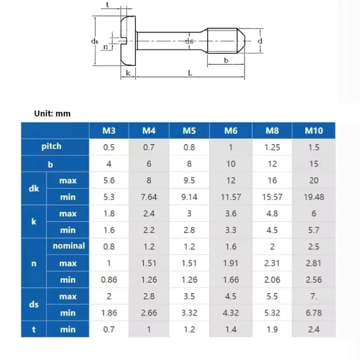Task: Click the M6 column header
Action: (x=230, y=130)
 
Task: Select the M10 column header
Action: (x=314, y=130)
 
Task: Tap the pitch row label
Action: (x=51, y=147)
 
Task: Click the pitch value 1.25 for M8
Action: (x=272, y=147)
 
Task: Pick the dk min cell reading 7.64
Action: (x=149, y=197)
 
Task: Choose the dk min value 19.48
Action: (x=314, y=197)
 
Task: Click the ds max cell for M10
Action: (x=314, y=297)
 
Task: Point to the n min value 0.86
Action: (x=109, y=279)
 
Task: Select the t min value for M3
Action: (x=109, y=329)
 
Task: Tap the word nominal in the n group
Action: (x=69, y=246)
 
